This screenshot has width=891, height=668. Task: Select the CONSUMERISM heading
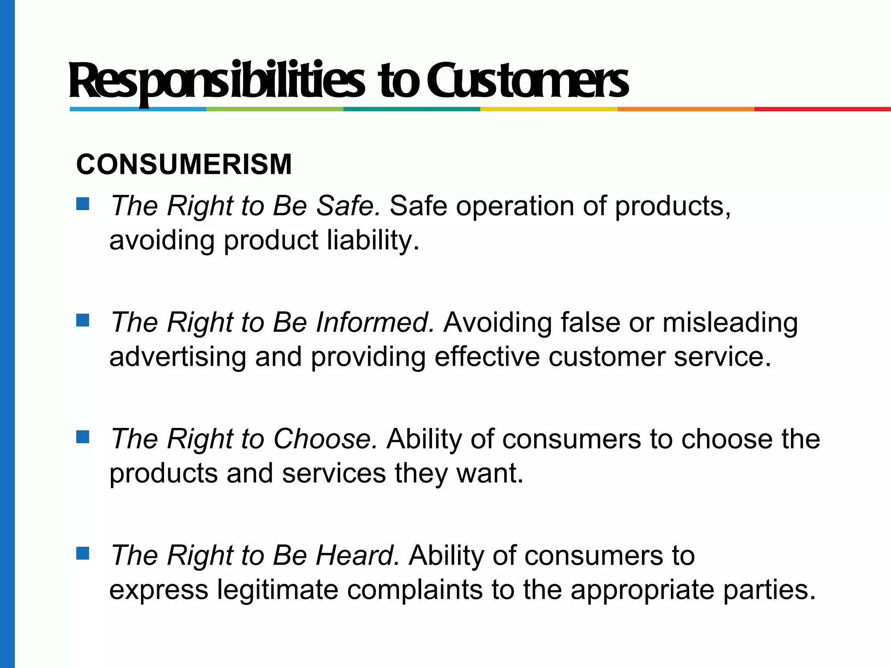(184, 165)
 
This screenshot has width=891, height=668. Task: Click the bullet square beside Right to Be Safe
(83, 204)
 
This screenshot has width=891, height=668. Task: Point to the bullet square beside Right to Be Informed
(83, 320)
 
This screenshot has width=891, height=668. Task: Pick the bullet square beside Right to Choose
(83, 437)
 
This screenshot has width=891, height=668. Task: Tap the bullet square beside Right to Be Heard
(83, 553)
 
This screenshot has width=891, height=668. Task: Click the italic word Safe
(348, 206)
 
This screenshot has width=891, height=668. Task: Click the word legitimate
(278, 590)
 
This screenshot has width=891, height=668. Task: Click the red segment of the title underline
(822, 109)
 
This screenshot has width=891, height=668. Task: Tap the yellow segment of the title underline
(549, 109)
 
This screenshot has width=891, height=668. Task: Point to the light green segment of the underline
(275, 109)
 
